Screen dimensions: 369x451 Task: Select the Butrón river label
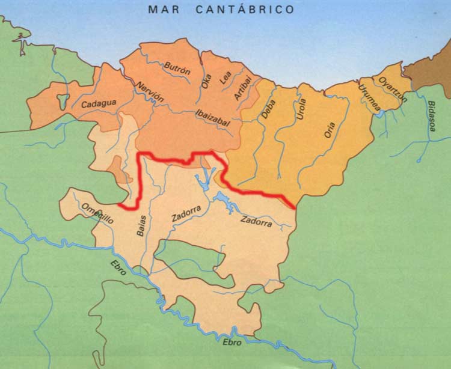pyautogui.click(x=177, y=72)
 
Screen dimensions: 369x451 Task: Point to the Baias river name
pyautogui.click(x=142, y=225)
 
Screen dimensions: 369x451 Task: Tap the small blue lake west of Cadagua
pyautogui.click(x=62, y=101)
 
